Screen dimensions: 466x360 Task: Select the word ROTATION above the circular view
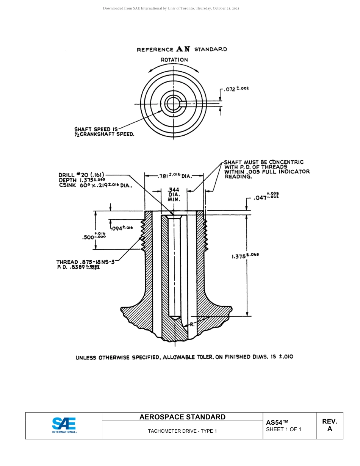click(x=174, y=60)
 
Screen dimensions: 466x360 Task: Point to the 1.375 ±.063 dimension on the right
click(x=245, y=256)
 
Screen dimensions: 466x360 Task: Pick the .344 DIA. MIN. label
click(x=174, y=194)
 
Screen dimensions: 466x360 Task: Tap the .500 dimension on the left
click(x=94, y=237)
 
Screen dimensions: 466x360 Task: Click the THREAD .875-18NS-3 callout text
click(x=85, y=262)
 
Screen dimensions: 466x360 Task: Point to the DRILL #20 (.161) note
click(x=81, y=175)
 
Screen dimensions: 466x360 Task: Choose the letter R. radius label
click(x=192, y=324)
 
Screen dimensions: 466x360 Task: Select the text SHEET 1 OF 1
click(x=283, y=429)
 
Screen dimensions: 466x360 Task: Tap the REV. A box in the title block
click(x=329, y=425)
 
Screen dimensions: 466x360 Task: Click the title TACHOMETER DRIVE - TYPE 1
click(x=182, y=431)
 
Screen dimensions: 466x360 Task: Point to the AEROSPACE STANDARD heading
click(x=182, y=417)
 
